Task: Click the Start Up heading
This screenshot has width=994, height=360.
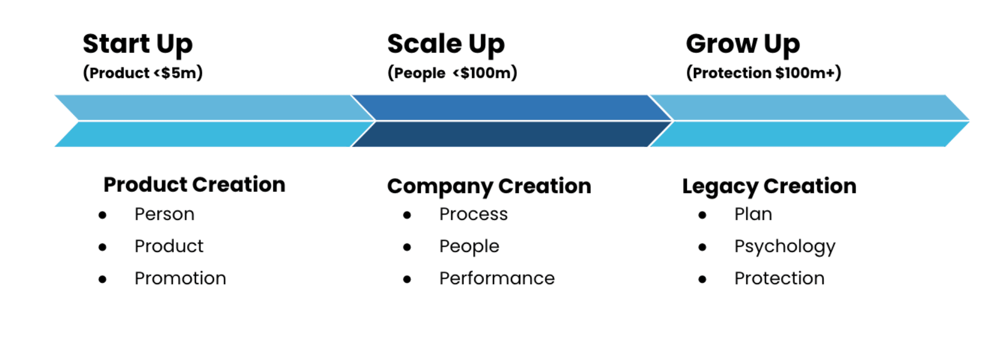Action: point(138,44)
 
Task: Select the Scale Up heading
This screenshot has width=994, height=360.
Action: point(446,44)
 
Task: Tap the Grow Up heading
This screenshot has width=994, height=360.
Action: point(743,44)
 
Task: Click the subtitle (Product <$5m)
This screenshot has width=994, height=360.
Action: point(143,73)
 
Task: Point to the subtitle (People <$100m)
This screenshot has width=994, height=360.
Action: point(453,73)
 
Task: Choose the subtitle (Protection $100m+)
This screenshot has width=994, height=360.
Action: point(764,73)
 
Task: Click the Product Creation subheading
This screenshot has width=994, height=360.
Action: point(194,184)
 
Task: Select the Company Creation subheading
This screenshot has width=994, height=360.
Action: point(490,186)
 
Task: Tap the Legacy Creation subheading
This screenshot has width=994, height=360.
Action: point(769,186)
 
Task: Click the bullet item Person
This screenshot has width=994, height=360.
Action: point(165,214)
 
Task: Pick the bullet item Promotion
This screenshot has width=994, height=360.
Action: point(180,278)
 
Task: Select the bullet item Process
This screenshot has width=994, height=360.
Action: point(474,214)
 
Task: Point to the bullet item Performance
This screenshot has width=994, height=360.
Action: point(497,278)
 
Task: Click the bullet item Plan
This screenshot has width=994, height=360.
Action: point(753,214)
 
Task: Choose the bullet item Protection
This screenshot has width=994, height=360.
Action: point(780,278)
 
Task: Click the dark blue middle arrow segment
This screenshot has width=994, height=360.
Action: point(512,121)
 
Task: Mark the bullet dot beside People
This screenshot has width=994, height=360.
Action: point(407,247)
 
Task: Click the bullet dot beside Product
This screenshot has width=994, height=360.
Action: point(103,247)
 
